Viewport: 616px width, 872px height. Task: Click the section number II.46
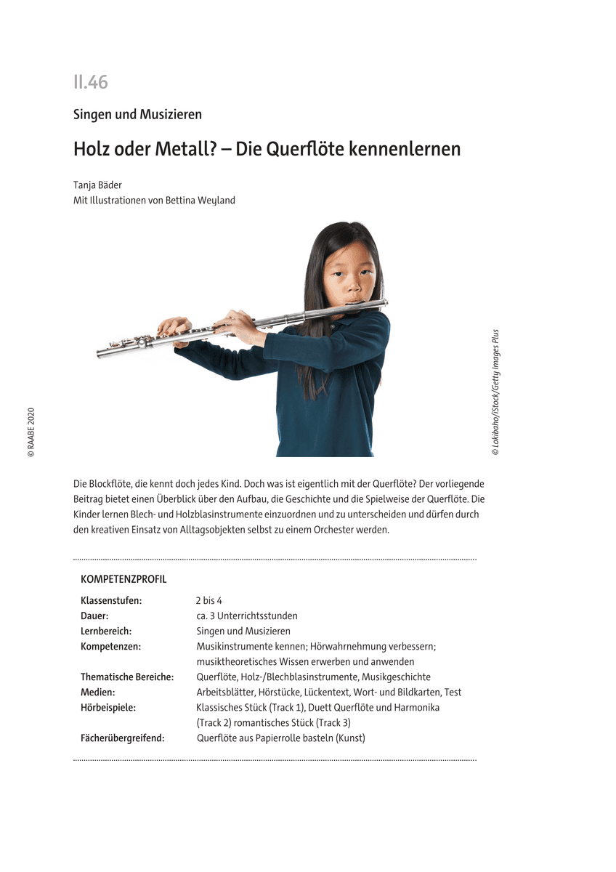coord(90,82)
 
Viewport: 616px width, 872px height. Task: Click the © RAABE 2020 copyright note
coord(31,432)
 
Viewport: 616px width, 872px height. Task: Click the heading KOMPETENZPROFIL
coord(123,579)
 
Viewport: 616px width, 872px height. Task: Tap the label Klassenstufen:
coord(111,601)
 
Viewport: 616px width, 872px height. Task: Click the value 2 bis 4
coord(208,601)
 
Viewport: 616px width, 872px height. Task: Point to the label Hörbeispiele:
coord(108,707)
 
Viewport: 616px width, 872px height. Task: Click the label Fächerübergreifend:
coord(123,738)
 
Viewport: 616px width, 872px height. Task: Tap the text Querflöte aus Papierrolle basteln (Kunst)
coord(280,738)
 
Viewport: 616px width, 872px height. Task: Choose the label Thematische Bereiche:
coord(127,677)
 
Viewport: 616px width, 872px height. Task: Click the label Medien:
coord(98,692)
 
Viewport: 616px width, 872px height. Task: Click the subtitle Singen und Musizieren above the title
coord(137,114)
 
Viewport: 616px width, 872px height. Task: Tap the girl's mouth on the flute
coord(354,299)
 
